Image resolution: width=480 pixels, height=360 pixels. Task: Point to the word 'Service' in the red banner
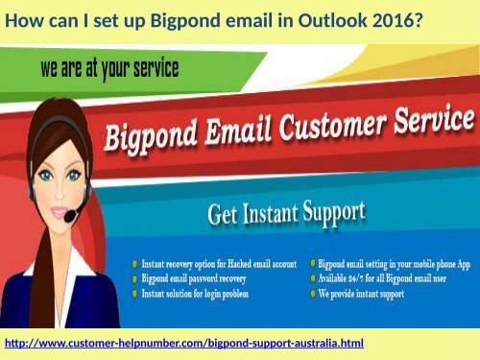click(429, 123)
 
